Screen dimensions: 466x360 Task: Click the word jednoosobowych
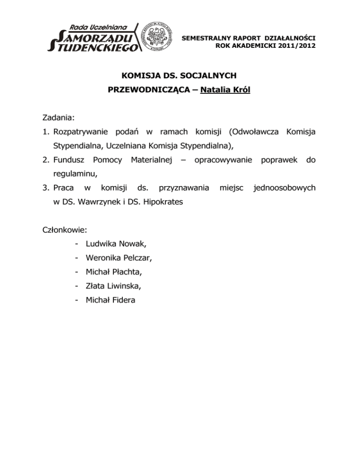tap(284, 188)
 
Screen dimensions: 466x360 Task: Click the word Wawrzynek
tap(93, 202)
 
